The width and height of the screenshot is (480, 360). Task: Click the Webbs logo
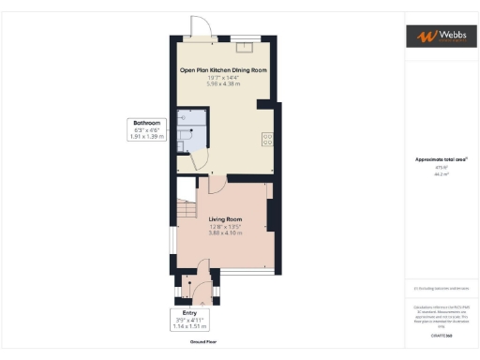439,37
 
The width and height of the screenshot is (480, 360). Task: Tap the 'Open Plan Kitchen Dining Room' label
223,70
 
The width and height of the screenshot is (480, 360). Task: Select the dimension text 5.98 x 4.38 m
223,84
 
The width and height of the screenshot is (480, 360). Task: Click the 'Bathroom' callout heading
146,123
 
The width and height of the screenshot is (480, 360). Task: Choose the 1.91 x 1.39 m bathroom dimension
146,137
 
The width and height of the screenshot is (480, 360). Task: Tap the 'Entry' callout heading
189,312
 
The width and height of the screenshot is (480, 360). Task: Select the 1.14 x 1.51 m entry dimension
189,326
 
